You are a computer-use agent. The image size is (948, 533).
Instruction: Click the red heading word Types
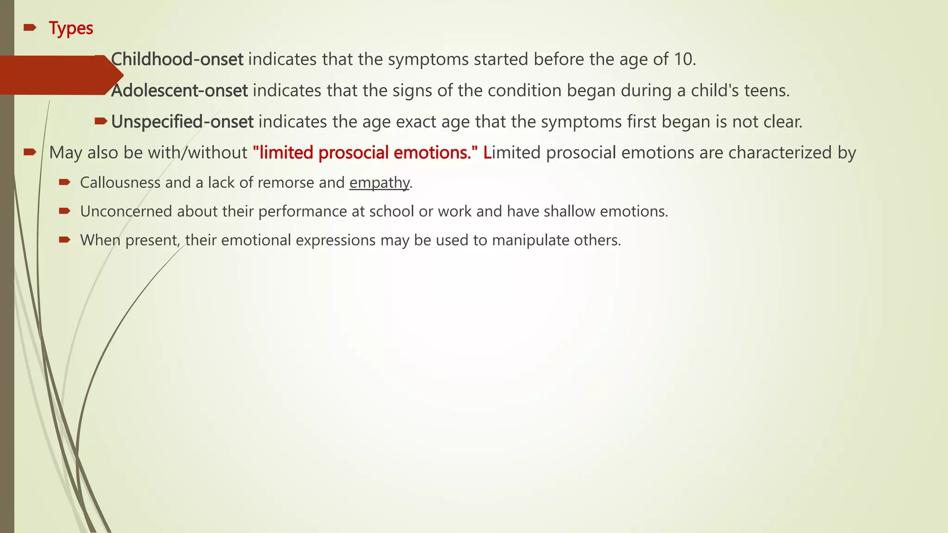(x=71, y=29)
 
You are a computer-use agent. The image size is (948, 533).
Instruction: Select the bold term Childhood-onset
(x=178, y=59)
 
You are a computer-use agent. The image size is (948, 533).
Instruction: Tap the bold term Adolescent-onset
(x=180, y=91)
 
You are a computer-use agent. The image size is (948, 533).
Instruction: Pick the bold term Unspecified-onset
(x=182, y=122)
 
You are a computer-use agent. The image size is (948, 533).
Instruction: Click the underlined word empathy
(x=379, y=183)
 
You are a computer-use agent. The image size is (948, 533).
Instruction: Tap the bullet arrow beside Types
(x=30, y=28)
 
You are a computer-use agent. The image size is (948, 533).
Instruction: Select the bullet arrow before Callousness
(x=64, y=183)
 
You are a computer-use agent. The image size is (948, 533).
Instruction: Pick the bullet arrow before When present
(x=64, y=240)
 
